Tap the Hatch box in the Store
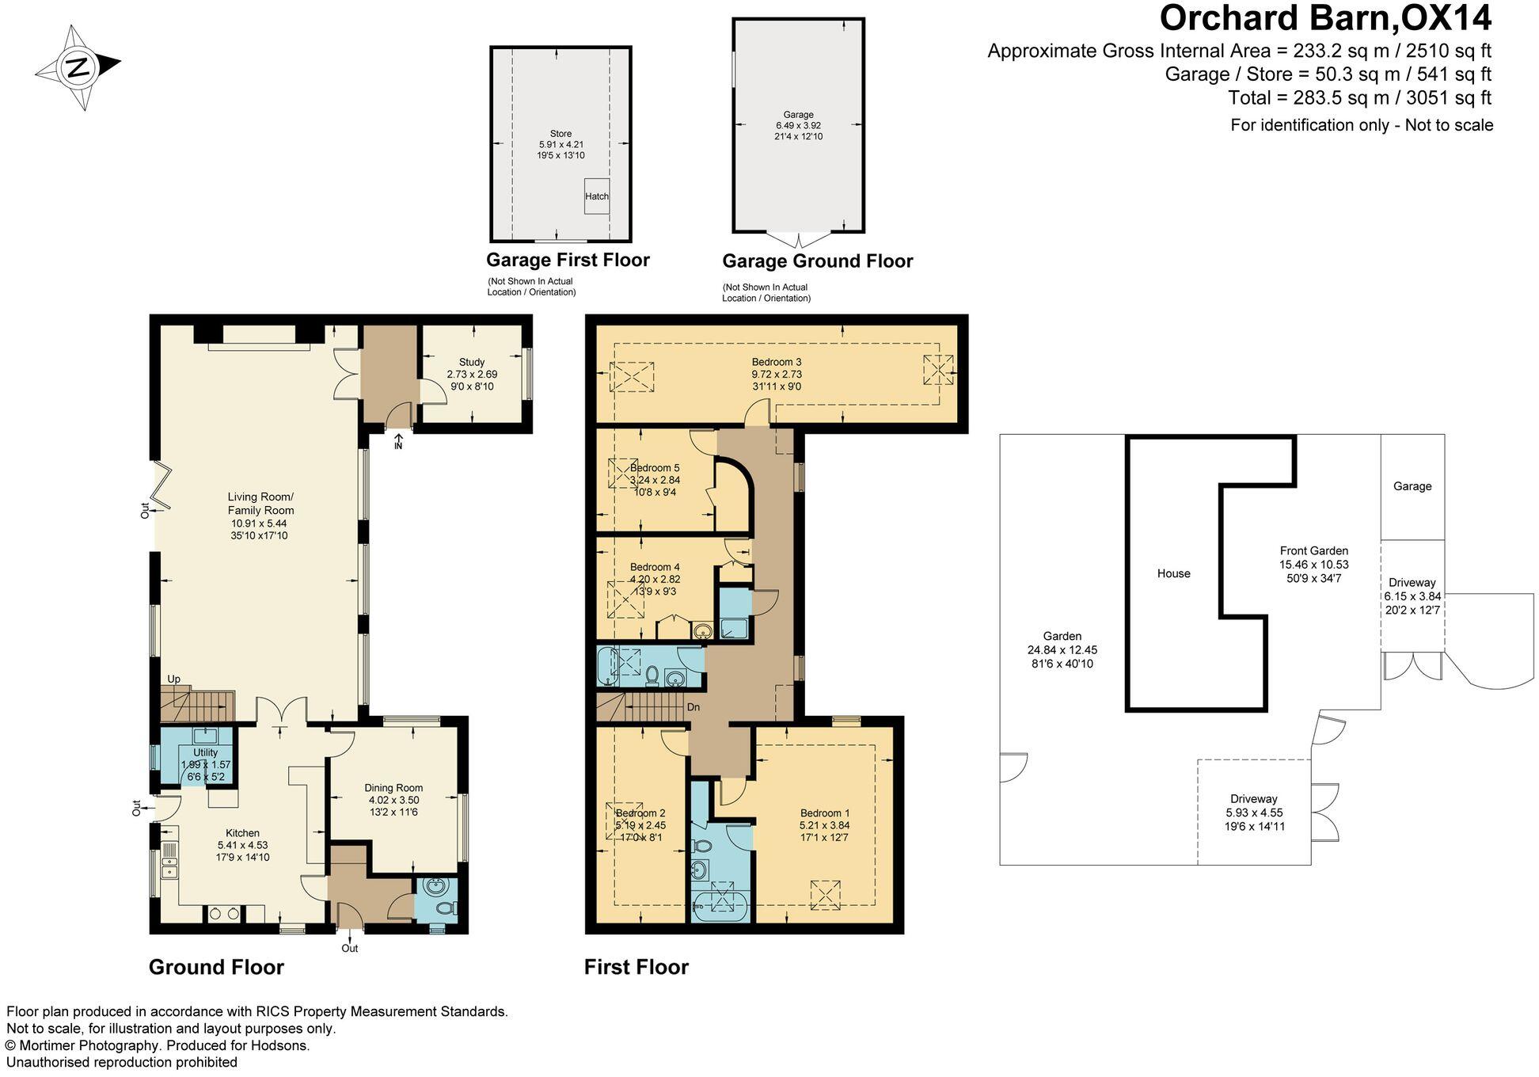[597, 196]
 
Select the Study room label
[472, 362]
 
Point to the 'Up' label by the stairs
[173, 679]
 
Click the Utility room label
[206, 752]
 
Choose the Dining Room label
[393, 788]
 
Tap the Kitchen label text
[243, 833]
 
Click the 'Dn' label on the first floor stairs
[693, 707]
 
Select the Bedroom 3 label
[777, 362]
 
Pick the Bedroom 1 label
[825, 813]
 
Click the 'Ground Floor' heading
[216, 967]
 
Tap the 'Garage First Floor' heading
[568, 260]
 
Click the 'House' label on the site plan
[1173, 573]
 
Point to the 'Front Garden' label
[1314, 550]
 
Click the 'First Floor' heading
[636, 967]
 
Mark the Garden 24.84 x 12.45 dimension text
[1062, 649]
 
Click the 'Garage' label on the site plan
[1412, 486]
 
